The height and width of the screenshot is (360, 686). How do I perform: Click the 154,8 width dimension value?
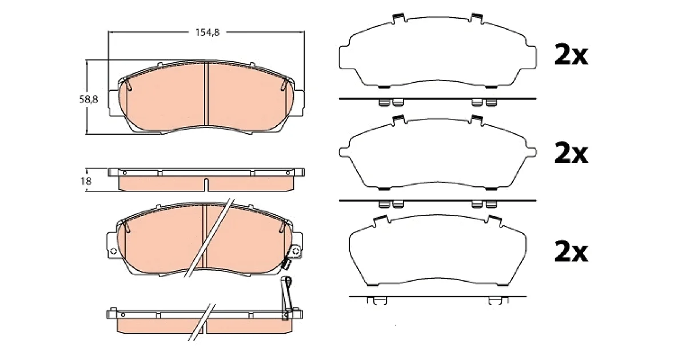(208, 32)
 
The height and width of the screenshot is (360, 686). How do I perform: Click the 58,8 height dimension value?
(89, 99)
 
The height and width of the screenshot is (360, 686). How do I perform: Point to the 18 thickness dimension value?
(86, 181)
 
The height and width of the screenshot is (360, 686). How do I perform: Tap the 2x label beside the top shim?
(571, 55)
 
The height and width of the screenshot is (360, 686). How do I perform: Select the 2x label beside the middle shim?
(571, 153)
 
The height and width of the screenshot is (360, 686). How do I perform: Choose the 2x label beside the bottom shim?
(571, 252)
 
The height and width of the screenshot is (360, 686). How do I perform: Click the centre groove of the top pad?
(206, 94)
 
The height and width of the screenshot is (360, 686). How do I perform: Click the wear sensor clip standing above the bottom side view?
(286, 298)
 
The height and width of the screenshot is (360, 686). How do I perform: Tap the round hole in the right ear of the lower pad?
(296, 251)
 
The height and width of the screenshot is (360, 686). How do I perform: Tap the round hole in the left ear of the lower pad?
(113, 251)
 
